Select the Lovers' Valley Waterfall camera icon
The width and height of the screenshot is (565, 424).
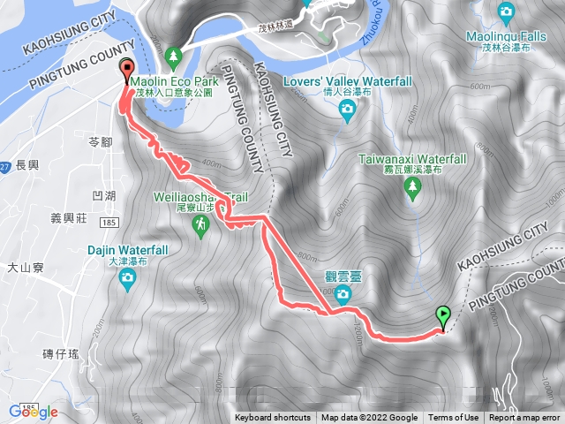point(347,109)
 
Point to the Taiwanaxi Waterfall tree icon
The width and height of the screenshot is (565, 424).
point(411,185)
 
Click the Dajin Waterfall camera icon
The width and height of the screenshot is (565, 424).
point(127,279)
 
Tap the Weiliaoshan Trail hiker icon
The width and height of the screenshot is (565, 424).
point(201,227)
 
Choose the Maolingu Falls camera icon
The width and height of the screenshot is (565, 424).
point(506,11)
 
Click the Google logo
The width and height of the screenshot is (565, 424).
point(33,412)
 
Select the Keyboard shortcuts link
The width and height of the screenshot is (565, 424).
point(273,418)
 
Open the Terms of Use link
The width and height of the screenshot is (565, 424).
point(454,418)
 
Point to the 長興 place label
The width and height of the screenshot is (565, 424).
point(26,165)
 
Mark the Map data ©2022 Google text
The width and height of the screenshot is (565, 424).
point(369,418)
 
